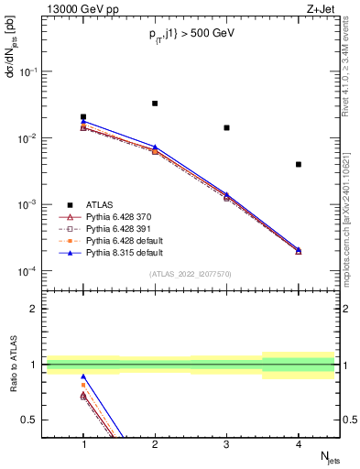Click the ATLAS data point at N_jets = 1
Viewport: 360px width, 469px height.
point(83,117)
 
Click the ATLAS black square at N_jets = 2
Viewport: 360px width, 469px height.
point(155,104)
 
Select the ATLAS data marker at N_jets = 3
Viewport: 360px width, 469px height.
point(226,127)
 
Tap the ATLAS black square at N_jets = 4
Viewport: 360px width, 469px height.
point(299,165)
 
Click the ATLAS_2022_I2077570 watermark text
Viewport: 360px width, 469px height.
point(190,274)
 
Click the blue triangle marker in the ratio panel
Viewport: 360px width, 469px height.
point(83,376)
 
